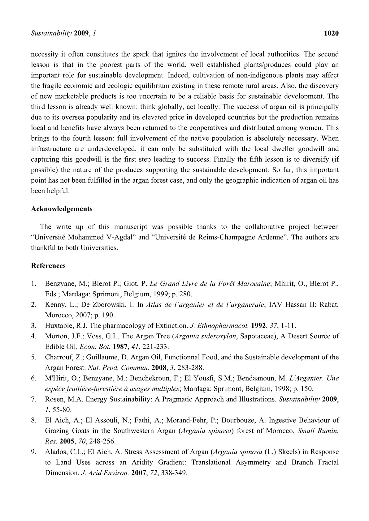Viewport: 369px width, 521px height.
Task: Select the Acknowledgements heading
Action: coord(62,209)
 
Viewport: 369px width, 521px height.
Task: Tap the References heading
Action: coord(48,266)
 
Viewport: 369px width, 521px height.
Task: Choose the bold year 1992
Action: coord(258,325)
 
